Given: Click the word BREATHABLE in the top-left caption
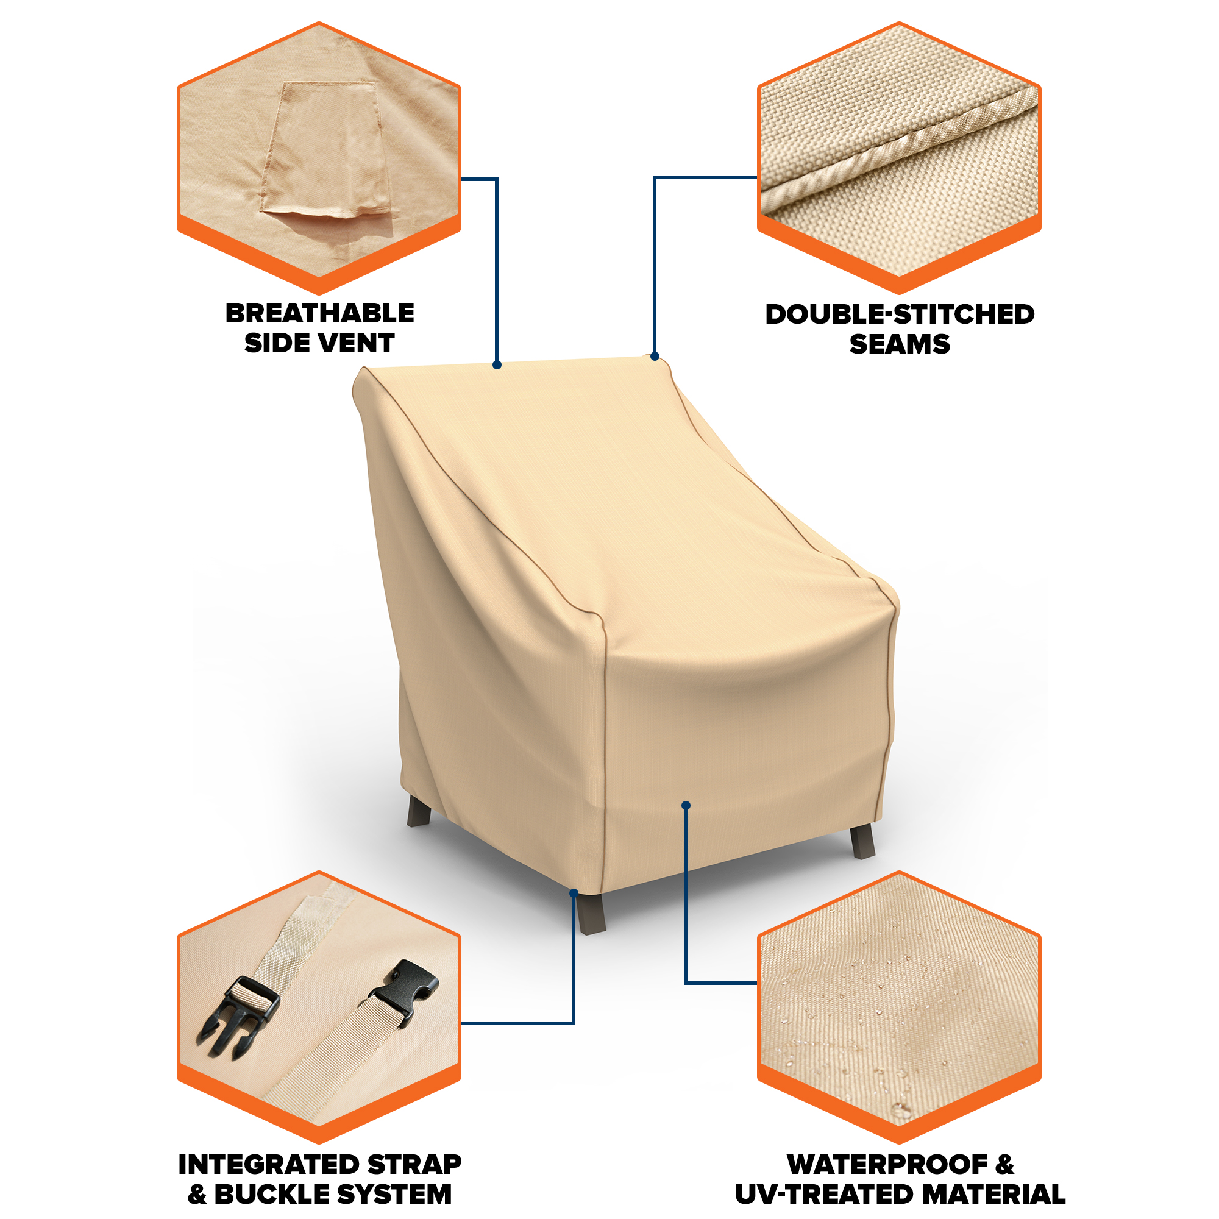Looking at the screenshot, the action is click(x=319, y=313).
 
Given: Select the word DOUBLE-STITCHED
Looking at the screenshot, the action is click(x=900, y=315).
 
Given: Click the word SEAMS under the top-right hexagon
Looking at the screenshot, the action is click(x=900, y=344).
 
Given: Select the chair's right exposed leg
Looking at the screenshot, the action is click(x=862, y=842).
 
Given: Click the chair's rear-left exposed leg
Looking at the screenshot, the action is click(x=419, y=811).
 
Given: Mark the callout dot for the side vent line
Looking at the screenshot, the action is click(x=497, y=364).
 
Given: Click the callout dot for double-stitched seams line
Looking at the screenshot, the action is click(x=655, y=357).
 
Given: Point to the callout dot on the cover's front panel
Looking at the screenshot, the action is click(x=686, y=805).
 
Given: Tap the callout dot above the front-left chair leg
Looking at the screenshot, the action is click(x=574, y=893).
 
